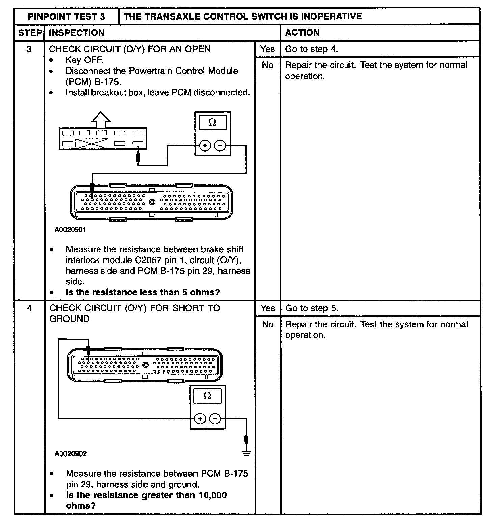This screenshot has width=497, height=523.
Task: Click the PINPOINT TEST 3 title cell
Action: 66,17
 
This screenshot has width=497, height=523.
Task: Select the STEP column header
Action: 29,33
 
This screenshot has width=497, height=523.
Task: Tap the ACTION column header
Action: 302,33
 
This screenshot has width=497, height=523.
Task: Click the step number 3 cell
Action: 29,49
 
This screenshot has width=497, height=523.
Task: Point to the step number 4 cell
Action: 29,308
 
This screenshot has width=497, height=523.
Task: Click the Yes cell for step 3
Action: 267,49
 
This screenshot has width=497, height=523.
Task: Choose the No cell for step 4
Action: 267,324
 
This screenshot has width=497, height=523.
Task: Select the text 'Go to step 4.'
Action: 311,49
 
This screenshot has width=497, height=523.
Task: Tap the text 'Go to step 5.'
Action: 311,308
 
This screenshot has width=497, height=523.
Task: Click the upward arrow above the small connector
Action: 101,120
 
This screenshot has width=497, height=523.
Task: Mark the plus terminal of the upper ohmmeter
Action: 205,146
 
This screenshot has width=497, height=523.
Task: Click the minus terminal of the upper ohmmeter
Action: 220,146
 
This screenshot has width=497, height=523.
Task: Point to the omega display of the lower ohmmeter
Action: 207,396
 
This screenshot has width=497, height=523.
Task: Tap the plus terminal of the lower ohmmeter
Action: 200,419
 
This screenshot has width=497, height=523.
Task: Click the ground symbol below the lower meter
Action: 246,453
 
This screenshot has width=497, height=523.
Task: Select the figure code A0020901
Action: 70,230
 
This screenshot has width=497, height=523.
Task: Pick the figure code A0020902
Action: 71,454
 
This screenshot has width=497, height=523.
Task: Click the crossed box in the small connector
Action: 92,144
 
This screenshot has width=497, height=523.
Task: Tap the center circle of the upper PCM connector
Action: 152,202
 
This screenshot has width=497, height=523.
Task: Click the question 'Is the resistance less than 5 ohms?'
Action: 142,292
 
